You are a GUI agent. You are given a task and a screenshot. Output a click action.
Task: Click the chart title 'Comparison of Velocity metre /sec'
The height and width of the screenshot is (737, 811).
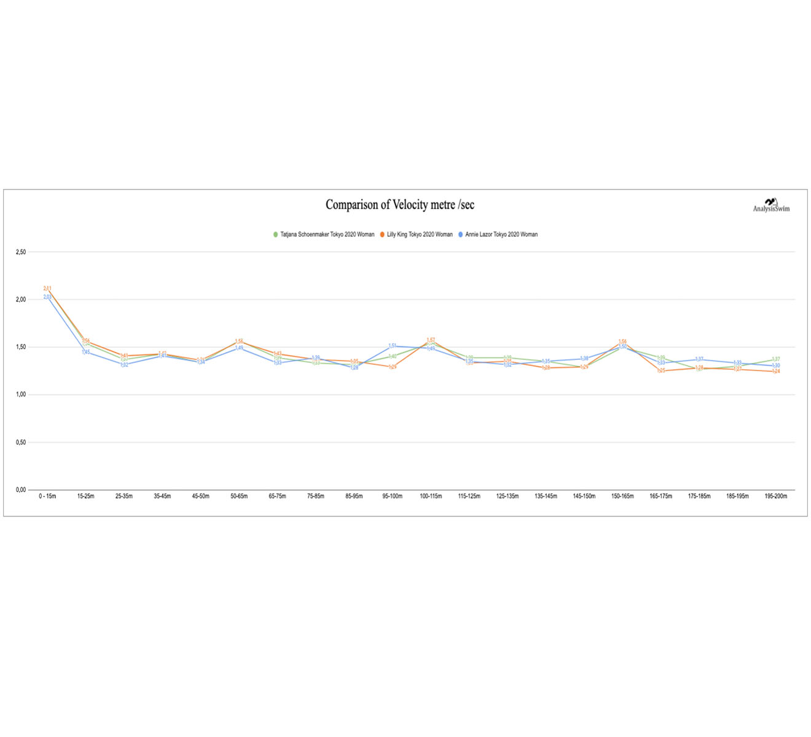[x=399, y=205]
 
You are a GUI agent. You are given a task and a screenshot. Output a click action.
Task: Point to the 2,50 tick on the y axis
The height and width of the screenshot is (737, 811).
[x=21, y=252]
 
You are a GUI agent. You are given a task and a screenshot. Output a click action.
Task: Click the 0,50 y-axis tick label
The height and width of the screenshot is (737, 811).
[x=21, y=442]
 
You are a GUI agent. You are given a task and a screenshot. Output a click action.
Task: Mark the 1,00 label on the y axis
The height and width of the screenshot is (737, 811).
[x=21, y=395]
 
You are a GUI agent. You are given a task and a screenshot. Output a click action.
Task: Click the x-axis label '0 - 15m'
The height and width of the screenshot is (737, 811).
[x=47, y=496]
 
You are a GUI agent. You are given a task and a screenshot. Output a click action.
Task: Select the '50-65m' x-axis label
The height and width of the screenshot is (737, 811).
[x=239, y=496]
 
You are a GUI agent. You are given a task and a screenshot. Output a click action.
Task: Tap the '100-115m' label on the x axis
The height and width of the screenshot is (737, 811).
[x=431, y=496]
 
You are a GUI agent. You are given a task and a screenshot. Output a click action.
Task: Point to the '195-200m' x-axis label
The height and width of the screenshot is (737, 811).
[x=776, y=496]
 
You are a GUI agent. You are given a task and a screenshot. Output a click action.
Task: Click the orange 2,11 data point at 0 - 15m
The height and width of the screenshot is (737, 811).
[x=47, y=289]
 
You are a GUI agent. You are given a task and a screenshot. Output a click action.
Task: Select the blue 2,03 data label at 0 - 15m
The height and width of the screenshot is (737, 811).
[x=47, y=297]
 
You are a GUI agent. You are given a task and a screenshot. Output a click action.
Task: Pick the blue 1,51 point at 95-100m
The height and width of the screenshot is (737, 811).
[x=393, y=346]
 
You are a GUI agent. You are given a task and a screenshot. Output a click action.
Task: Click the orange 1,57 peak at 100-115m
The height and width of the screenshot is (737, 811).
[x=431, y=340]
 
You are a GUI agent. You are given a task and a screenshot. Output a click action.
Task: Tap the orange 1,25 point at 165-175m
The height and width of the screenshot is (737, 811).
[x=661, y=371]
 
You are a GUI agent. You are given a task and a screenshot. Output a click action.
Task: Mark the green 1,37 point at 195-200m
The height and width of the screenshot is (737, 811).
[x=776, y=359]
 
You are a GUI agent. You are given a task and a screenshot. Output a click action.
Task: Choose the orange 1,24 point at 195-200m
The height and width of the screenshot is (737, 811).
[x=776, y=372]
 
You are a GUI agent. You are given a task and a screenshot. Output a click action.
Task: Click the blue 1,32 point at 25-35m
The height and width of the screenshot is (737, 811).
[x=124, y=365]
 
